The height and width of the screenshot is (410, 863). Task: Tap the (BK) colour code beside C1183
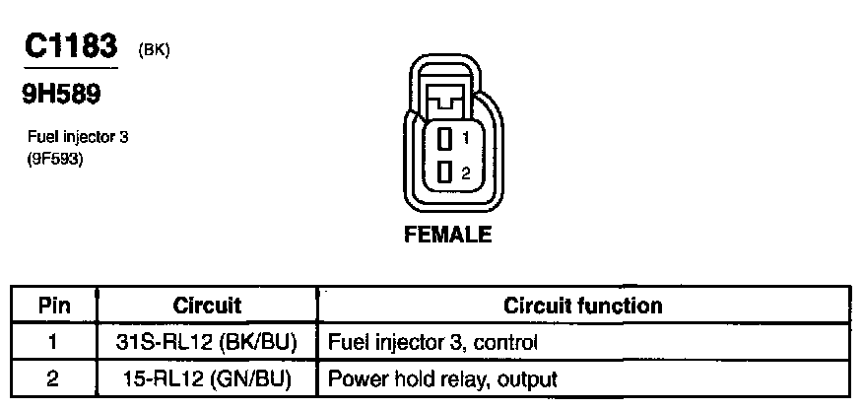click(x=155, y=51)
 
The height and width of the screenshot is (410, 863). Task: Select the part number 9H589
click(x=62, y=96)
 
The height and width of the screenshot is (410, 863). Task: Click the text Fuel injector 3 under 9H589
click(x=79, y=138)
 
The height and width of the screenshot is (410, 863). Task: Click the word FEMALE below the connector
click(x=447, y=236)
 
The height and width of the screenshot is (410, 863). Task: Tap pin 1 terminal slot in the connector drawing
click(x=444, y=139)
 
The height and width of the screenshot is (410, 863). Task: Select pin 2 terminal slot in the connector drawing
click(x=444, y=171)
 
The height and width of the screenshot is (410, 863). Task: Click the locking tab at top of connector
click(x=446, y=98)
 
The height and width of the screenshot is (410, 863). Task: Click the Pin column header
click(x=53, y=306)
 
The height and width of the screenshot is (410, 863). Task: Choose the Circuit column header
click(x=207, y=306)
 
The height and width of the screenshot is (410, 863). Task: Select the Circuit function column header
click(x=583, y=306)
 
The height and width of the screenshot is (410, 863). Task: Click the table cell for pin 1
click(x=53, y=343)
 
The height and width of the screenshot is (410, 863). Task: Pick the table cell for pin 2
click(x=53, y=378)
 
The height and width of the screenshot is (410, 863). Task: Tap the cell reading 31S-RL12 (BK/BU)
click(x=207, y=343)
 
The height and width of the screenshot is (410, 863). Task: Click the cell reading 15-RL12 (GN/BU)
click(x=207, y=378)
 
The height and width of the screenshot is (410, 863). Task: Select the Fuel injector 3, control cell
click(x=431, y=343)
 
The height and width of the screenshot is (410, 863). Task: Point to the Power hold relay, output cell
click(x=441, y=378)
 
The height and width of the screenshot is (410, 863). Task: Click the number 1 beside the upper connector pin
click(x=464, y=140)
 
